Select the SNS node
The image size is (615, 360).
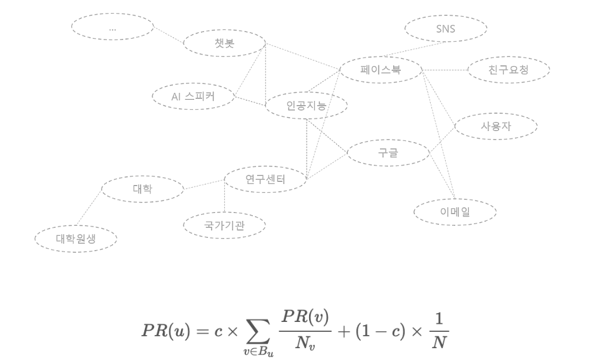coord(446,28)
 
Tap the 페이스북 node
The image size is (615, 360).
coord(380,70)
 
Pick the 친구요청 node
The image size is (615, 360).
coord(508,70)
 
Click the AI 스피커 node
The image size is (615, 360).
coord(193,97)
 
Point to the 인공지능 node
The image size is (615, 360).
coord(306,105)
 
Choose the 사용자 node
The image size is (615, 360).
coord(496,126)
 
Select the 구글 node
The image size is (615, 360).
coord(388,153)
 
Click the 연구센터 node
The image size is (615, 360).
coord(265,180)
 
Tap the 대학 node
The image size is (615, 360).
coord(142,188)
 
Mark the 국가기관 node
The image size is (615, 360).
coord(224,225)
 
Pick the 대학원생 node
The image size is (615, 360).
coord(76,238)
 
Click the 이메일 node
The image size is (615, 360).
coord(455,212)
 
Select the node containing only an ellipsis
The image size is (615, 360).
coord(112,27)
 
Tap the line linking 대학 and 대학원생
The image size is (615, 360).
coord(89,209)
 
